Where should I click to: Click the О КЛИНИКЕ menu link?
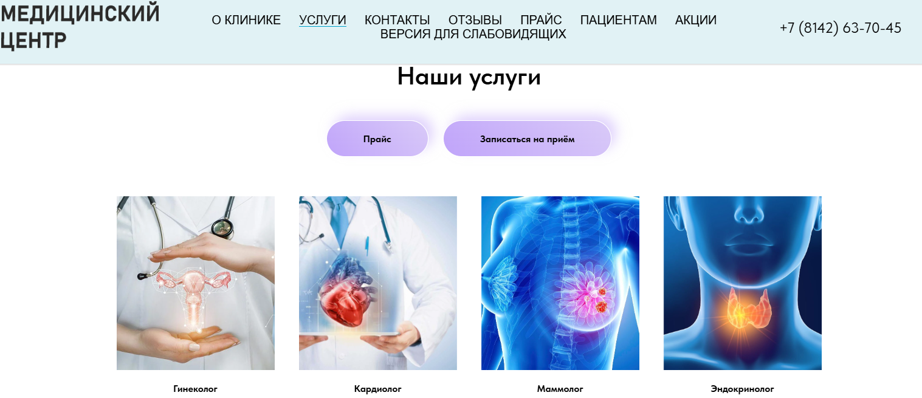point(246,20)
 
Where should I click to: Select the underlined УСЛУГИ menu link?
point(322,20)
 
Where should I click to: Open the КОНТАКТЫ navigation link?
point(397,20)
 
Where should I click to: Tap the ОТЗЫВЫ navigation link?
point(475,20)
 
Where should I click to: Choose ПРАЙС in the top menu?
point(541,20)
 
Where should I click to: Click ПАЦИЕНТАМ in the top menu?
point(618,20)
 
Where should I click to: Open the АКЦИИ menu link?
point(696,20)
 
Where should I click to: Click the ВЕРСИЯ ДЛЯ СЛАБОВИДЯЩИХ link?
point(473,34)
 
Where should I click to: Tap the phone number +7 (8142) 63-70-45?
point(840,28)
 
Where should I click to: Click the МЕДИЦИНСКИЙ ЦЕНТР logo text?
point(80,26)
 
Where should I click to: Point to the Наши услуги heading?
point(469,77)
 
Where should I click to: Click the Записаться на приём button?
point(527,139)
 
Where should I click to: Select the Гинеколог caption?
point(195,388)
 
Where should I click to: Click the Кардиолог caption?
point(377,388)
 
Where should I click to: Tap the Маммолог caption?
point(560,388)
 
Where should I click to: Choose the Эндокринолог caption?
point(742,388)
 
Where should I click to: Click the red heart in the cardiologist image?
point(347,292)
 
